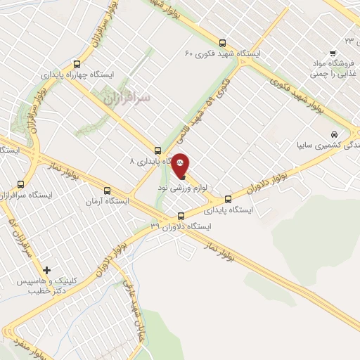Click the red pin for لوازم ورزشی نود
pos(181,164)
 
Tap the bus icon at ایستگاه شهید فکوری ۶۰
pos(223,42)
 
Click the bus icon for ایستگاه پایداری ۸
pos(157,150)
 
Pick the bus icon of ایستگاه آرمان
pos(107,190)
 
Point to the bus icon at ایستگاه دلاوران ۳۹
pos(181,216)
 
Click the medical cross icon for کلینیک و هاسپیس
pos(47,270)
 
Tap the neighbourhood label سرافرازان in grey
pos(127,99)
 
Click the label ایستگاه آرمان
pos(107,202)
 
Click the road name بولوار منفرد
pos(28,347)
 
